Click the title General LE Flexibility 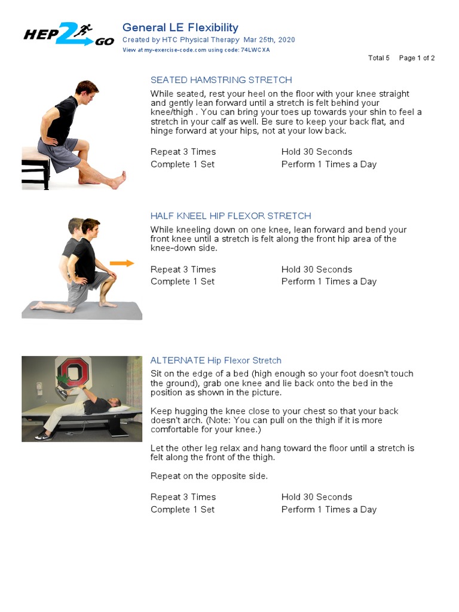click(x=180, y=27)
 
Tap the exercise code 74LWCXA click(x=255, y=50)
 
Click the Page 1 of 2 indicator click(x=417, y=58)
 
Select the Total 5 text click(x=379, y=58)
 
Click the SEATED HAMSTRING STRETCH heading click(x=221, y=80)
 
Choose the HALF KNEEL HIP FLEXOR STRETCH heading click(x=231, y=216)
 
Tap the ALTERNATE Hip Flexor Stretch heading click(x=216, y=360)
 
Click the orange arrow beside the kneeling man click(x=122, y=263)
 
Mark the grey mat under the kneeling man click(x=82, y=311)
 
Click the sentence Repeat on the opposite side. click(x=209, y=476)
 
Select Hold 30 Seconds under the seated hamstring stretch click(x=317, y=152)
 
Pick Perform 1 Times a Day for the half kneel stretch click(x=329, y=281)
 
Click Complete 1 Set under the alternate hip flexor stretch click(x=182, y=510)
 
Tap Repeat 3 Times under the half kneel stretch click(x=183, y=270)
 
